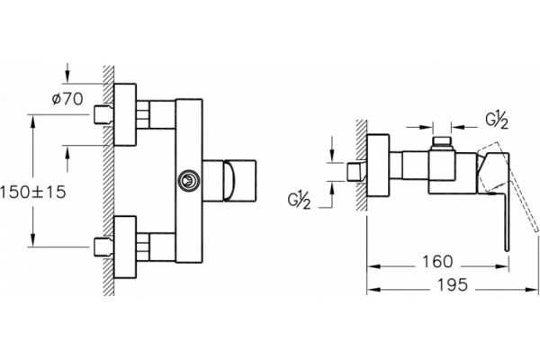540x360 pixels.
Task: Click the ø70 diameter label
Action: tap(67, 99)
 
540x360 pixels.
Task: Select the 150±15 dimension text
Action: tap(32, 192)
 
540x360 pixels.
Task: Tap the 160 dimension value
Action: tap(437, 262)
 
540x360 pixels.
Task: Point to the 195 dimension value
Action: tap(453, 285)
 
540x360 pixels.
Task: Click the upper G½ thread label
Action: tap(497, 121)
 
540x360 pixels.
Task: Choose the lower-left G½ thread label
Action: tap(300, 201)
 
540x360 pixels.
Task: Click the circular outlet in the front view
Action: tap(188, 180)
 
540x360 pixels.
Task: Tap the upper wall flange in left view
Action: tap(125, 114)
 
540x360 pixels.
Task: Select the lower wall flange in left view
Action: tap(125, 247)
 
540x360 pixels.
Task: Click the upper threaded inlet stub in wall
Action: tap(103, 114)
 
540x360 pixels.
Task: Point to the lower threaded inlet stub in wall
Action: tap(103, 247)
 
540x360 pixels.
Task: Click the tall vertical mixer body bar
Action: tap(189, 181)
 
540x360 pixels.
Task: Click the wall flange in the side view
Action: tap(378, 166)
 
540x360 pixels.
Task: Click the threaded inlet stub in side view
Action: tap(356, 172)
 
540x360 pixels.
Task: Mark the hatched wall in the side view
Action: tap(361, 165)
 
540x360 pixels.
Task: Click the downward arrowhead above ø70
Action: tap(67, 76)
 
